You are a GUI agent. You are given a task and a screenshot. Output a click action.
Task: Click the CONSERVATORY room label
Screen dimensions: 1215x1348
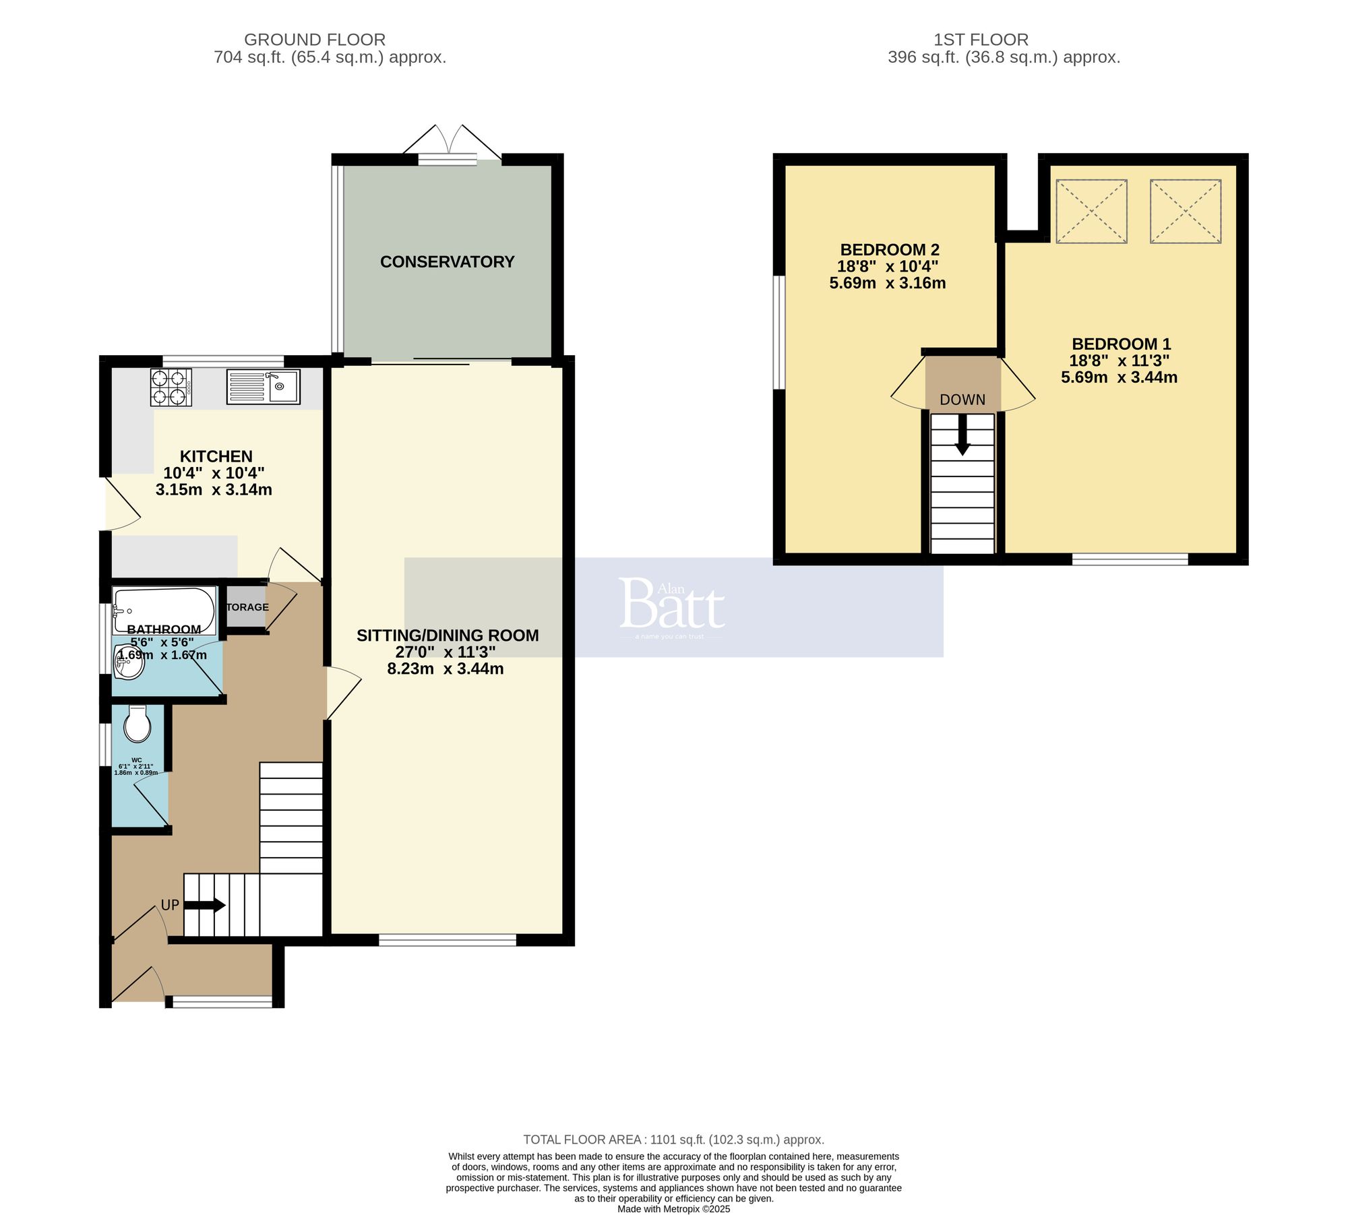(x=447, y=262)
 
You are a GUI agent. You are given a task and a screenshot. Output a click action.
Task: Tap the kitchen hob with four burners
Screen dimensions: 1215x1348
(x=171, y=387)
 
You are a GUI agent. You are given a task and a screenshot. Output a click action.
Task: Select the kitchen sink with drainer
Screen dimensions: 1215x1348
(x=264, y=387)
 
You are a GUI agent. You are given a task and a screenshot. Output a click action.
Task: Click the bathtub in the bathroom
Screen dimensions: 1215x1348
(x=164, y=609)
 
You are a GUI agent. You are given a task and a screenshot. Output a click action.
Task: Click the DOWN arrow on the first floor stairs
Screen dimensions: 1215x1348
(x=962, y=434)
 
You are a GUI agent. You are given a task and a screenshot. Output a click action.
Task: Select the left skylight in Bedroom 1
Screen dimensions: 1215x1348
(x=1091, y=211)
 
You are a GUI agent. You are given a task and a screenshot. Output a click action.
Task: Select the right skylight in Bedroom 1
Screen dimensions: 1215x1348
(x=1186, y=211)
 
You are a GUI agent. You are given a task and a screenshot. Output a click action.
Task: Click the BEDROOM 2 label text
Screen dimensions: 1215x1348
(x=890, y=250)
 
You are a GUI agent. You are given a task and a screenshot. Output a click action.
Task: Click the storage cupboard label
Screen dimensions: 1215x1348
(x=247, y=607)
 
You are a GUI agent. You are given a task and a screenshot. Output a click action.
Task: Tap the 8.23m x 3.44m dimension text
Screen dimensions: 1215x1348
(x=446, y=669)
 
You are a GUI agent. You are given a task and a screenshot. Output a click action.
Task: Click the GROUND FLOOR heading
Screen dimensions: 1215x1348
(x=315, y=40)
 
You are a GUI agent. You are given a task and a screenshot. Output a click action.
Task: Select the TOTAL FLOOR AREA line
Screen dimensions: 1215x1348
(x=673, y=1140)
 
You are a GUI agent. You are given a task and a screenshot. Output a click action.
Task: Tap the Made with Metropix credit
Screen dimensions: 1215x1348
(x=673, y=1209)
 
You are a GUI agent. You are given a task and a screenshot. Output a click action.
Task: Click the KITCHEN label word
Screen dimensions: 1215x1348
(x=216, y=456)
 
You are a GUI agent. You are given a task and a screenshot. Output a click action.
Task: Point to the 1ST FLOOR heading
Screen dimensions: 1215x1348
(x=981, y=40)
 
